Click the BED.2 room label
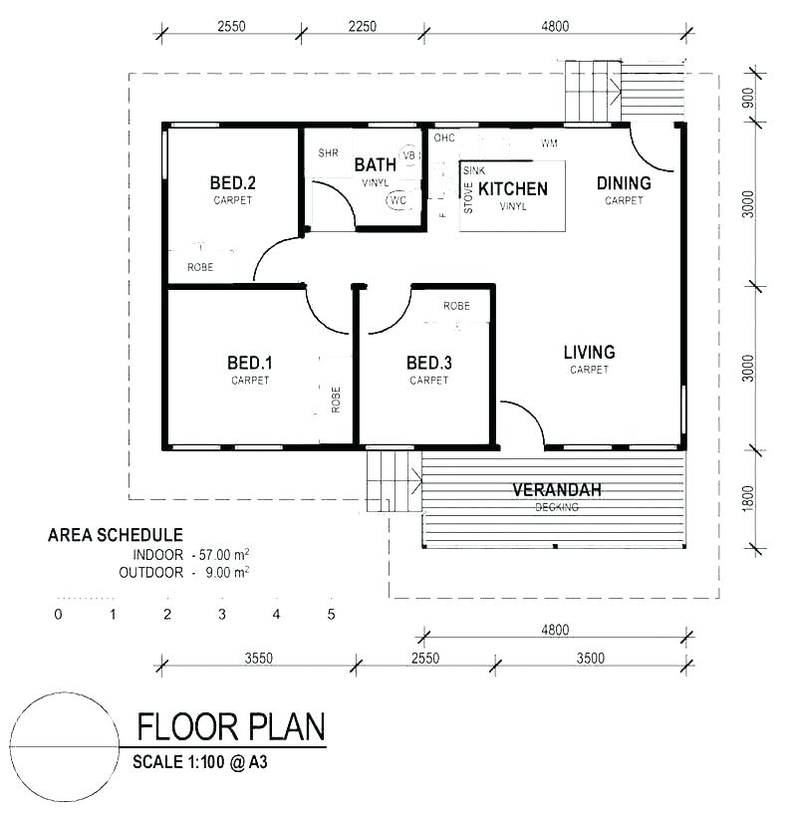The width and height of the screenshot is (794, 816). [232, 182]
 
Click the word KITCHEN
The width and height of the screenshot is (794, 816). [513, 188]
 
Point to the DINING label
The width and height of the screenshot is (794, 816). [624, 182]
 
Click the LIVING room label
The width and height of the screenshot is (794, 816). [589, 352]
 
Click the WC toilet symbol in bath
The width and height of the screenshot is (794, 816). [398, 200]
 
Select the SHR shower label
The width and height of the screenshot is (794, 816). [328, 153]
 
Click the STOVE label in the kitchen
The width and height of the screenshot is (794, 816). [468, 198]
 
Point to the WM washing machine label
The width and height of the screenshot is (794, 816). [549, 143]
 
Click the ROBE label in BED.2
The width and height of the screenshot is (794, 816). [200, 267]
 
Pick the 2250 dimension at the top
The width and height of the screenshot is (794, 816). [363, 27]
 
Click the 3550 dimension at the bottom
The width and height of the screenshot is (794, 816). [258, 659]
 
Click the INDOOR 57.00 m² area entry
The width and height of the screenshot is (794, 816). [190, 554]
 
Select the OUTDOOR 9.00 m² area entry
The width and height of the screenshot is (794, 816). [183, 572]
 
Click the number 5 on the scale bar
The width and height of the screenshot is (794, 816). [331, 614]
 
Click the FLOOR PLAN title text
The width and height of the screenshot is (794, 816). [230, 728]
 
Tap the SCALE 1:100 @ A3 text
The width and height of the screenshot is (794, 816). [200, 763]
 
